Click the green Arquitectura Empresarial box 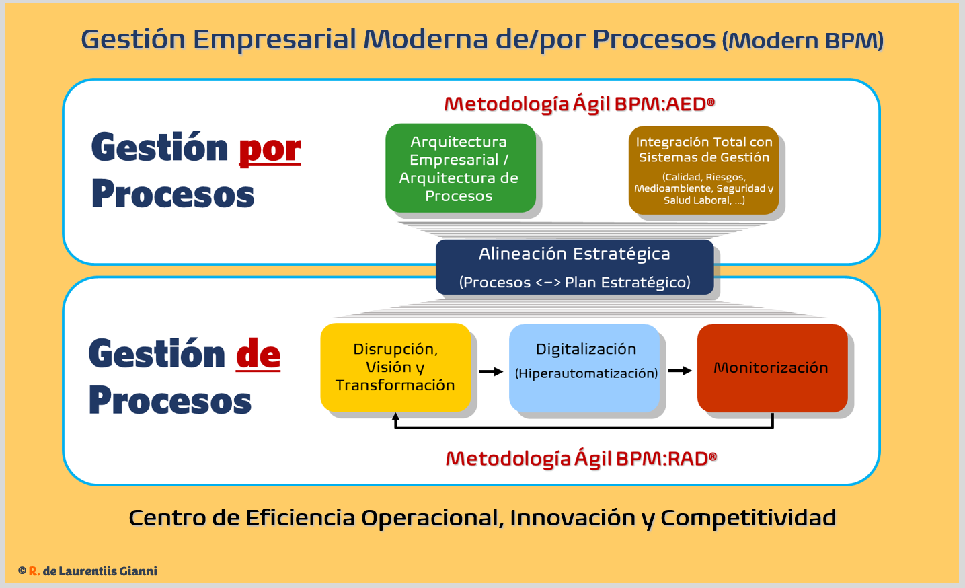point(461,168)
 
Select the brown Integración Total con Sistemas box point(703,170)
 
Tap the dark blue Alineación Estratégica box point(574,267)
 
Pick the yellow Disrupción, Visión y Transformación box point(395,367)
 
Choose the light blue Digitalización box point(585,367)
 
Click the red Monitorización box point(772,368)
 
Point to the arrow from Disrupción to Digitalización point(491,371)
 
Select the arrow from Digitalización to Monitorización point(679,371)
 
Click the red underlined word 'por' point(270,149)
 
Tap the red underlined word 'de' point(258,355)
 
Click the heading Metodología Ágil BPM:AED point(579,104)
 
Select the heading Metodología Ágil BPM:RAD point(581,458)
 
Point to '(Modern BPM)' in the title point(803,41)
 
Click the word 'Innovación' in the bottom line point(572,518)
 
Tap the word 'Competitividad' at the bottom point(748,518)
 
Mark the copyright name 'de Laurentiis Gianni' point(100,571)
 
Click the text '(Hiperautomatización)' point(586,373)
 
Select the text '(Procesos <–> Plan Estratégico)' point(574,283)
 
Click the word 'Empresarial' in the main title point(274,39)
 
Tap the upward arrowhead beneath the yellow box point(395,417)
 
